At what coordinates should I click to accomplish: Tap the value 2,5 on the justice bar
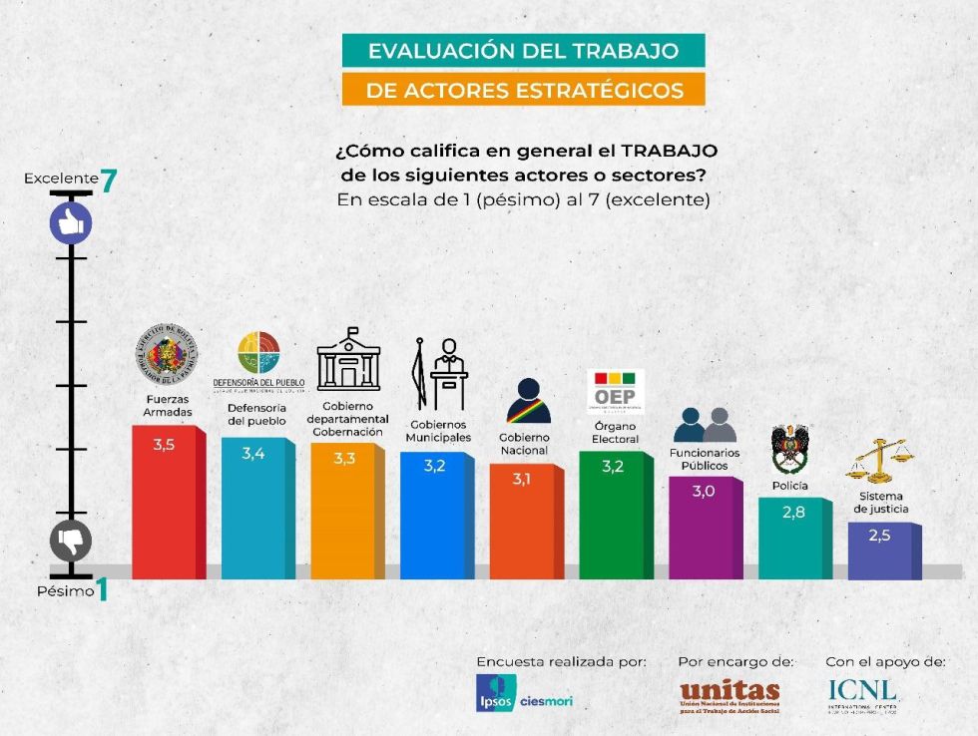pyautogui.click(x=878, y=536)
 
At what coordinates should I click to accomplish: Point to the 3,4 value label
pyautogui.click(x=253, y=455)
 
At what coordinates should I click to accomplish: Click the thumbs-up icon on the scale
pyautogui.click(x=71, y=223)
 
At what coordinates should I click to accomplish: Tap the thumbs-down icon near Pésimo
pyautogui.click(x=71, y=542)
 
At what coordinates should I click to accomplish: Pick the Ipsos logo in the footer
pyautogui.click(x=495, y=693)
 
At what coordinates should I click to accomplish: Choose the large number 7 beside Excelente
pyautogui.click(x=109, y=181)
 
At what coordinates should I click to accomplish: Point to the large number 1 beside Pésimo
pyautogui.click(x=102, y=590)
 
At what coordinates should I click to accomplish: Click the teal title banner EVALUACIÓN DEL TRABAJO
pyautogui.click(x=523, y=51)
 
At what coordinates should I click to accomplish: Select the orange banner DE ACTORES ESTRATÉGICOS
pyautogui.click(x=523, y=90)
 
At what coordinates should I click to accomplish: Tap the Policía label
pyautogui.click(x=789, y=486)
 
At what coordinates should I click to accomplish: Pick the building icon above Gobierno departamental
pyautogui.click(x=348, y=360)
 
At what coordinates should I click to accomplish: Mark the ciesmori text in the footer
pyautogui.click(x=546, y=701)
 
